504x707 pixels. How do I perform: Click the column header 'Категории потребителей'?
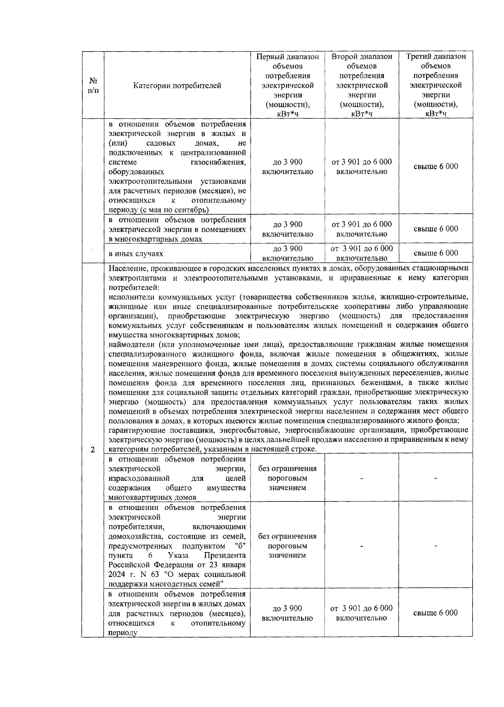(177, 86)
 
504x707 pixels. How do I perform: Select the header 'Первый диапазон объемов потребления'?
(287, 66)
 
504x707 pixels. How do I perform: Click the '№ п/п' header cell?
(93, 86)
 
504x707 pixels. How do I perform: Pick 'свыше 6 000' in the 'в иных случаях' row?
(436, 253)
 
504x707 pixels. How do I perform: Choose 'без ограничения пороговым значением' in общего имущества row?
(287, 478)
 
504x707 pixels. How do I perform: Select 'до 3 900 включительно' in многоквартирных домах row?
(287, 229)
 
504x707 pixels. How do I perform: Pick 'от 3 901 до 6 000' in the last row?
(362, 608)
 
